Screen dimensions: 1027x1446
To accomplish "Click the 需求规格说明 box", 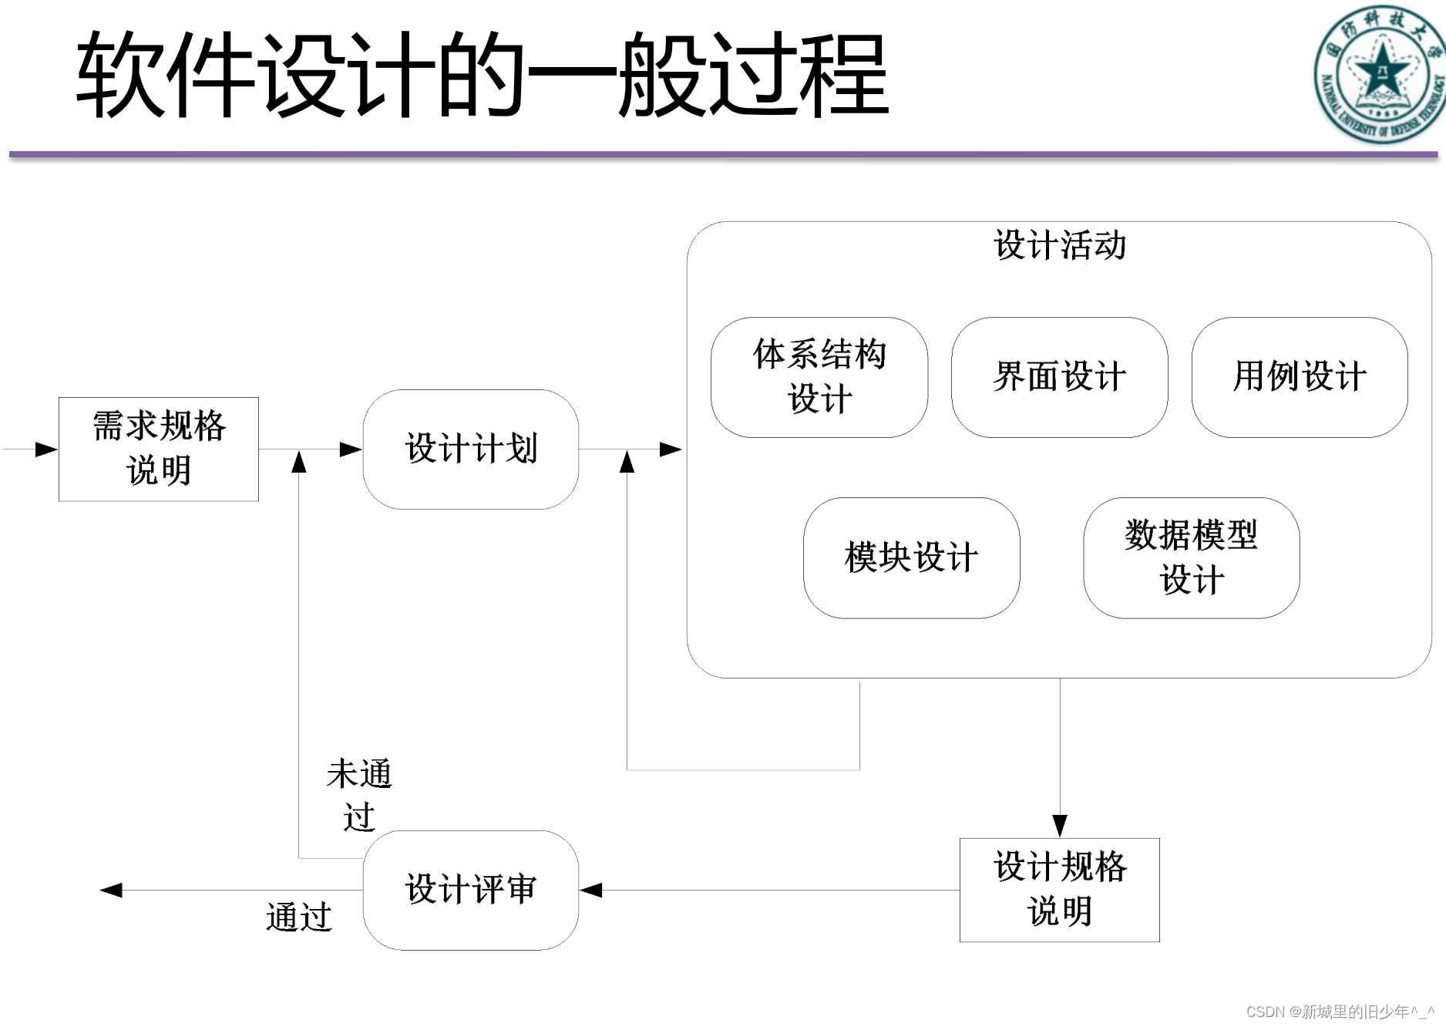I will click(x=158, y=449).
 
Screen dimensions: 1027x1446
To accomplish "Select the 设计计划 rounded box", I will click(x=470, y=449).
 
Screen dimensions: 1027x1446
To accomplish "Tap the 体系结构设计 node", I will click(x=819, y=377).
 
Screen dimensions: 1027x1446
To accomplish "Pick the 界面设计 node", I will click(x=1059, y=377).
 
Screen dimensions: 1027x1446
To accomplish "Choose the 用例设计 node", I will click(x=1300, y=377).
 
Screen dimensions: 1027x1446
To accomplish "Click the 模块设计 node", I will click(x=911, y=557).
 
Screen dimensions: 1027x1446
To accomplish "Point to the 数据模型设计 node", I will click(x=1191, y=557).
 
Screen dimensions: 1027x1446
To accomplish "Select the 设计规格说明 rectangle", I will click(x=1059, y=889).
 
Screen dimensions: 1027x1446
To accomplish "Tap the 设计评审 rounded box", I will click(x=470, y=889).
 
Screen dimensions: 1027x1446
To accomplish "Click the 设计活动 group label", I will click(x=1059, y=245).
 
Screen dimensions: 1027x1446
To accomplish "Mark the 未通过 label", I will click(x=358, y=794).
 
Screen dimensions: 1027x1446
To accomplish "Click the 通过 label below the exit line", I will click(x=298, y=918).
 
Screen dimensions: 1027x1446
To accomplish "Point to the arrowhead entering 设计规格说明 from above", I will click(x=1060, y=825).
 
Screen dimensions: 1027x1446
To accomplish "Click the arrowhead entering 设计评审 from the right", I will click(x=591, y=891).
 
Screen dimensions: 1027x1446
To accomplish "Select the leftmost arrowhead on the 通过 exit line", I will click(x=112, y=891).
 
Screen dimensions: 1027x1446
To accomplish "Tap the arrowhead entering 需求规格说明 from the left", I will click(x=46, y=449).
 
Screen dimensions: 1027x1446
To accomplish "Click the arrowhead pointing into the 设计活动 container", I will click(x=671, y=449).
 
